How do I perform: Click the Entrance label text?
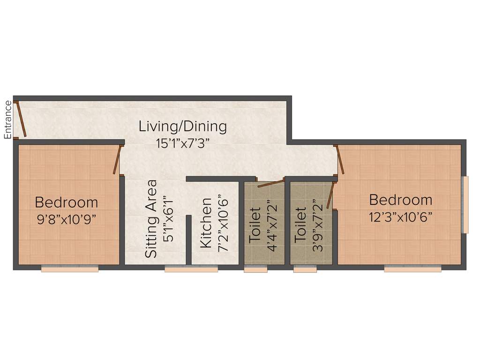(x=7, y=120)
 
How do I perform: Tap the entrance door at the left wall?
(x=20, y=120)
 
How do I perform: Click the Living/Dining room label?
(x=183, y=126)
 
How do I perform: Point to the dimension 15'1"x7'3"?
(x=183, y=142)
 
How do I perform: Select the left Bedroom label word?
(x=67, y=202)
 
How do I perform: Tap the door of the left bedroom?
(x=118, y=160)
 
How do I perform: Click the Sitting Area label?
(x=151, y=218)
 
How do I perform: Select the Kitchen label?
(x=206, y=223)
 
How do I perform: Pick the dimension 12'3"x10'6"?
(x=400, y=217)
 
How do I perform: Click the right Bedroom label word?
(x=400, y=200)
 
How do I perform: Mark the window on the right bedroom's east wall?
(x=465, y=204)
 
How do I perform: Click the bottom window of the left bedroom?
(x=70, y=269)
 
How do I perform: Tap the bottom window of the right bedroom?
(x=412, y=269)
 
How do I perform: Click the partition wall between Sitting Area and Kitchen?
(x=188, y=240)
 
